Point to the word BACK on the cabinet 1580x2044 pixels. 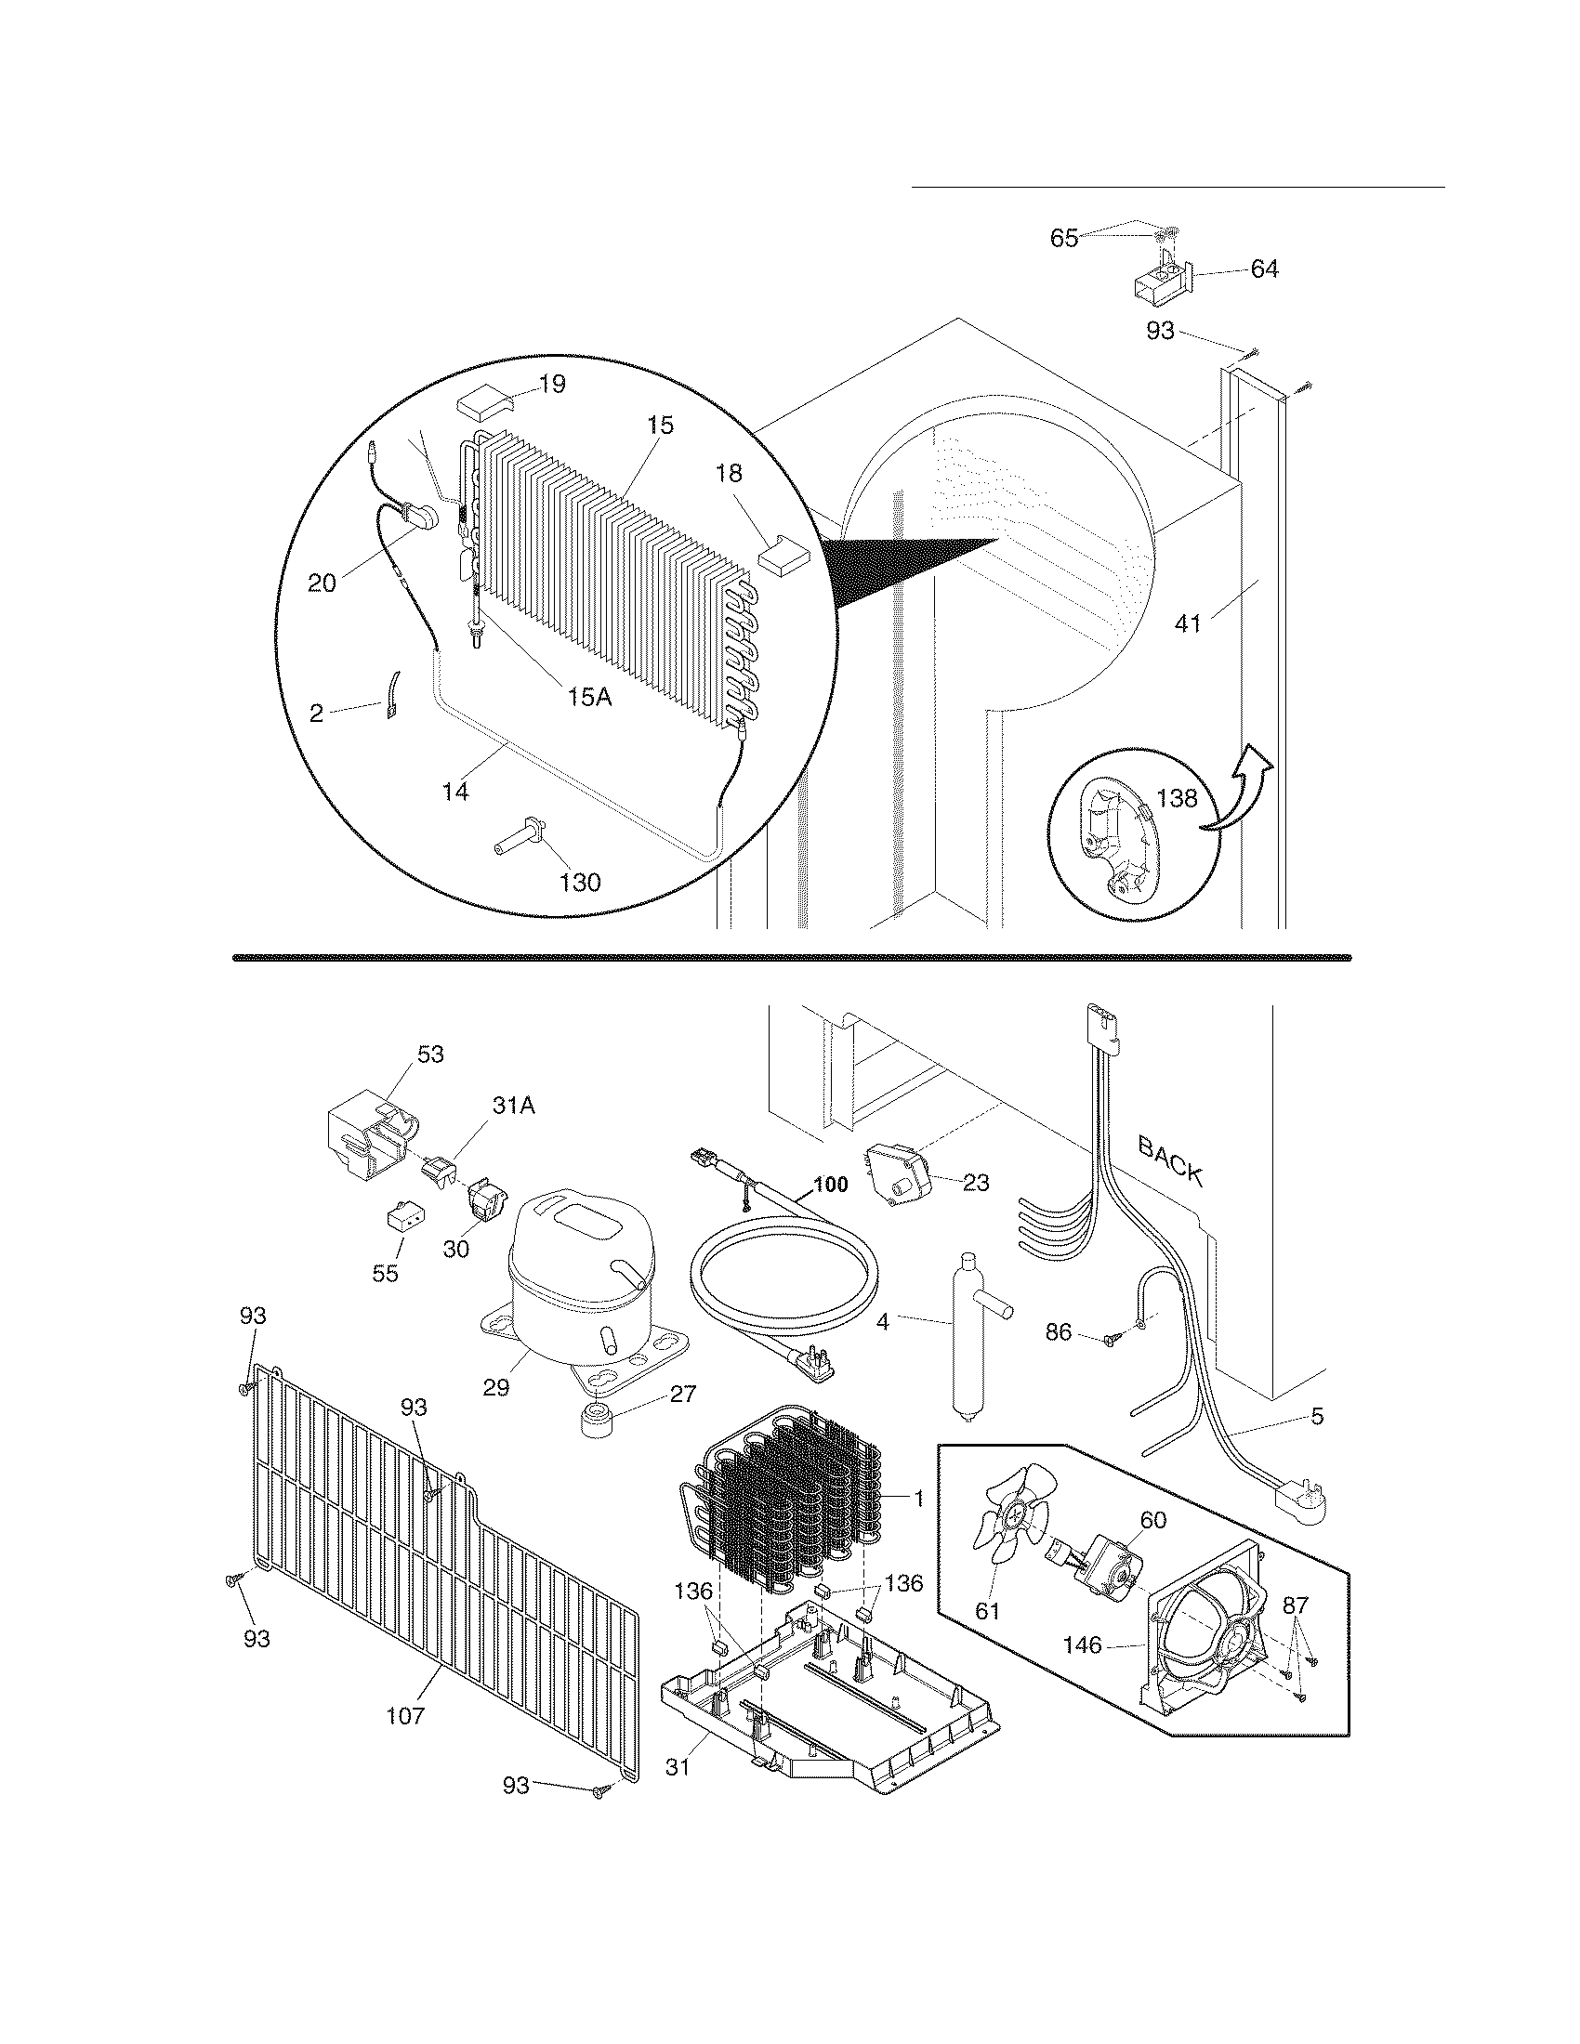coord(1170,1160)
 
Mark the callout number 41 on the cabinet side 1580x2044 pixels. coord(1188,622)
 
